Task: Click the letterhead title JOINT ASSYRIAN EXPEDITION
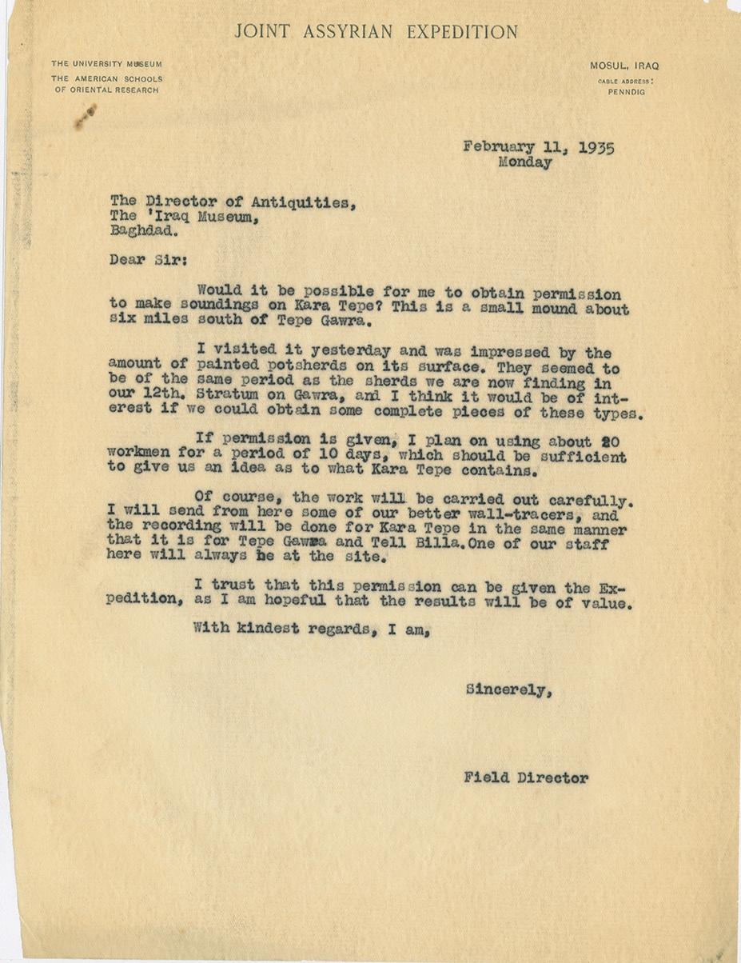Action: point(376,33)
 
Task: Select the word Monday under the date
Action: point(524,162)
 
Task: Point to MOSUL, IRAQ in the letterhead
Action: point(624,66)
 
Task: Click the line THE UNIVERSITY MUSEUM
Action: point(106,64)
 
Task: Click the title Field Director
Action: point(525,777)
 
